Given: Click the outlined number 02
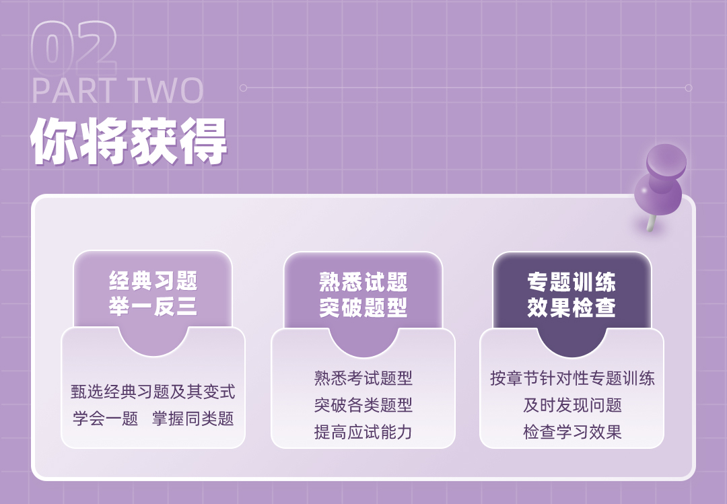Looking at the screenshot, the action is (x=74, y=48).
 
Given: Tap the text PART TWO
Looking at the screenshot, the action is (x=118, y=90).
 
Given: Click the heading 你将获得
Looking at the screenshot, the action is (x=129, y=141).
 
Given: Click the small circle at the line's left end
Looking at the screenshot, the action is (x=243, y=87).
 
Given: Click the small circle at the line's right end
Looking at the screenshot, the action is (x=689, y=87).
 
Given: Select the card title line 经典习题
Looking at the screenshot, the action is (x=153, y=281).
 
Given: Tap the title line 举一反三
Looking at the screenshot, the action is (x=153, y=306).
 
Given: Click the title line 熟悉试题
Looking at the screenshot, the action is (x=363, y=281).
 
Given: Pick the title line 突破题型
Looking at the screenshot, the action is (x=363, y=308).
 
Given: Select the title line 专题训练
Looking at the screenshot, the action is (x=572, y=281).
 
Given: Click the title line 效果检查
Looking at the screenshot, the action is (x=572, y=308).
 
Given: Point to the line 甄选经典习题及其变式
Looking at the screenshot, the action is (x=153, y=392).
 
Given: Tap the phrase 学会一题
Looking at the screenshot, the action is (x=105, y=419).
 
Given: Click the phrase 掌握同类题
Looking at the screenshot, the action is (x=193, y=419).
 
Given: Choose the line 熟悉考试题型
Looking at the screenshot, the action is (x=363, y=378).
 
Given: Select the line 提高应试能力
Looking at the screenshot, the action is (x=363, y=432).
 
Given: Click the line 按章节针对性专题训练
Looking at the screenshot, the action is (x=572, y=378).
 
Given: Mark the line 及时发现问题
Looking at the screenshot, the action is (x=572, y=405).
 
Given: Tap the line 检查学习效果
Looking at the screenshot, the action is (x=572, y=432).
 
